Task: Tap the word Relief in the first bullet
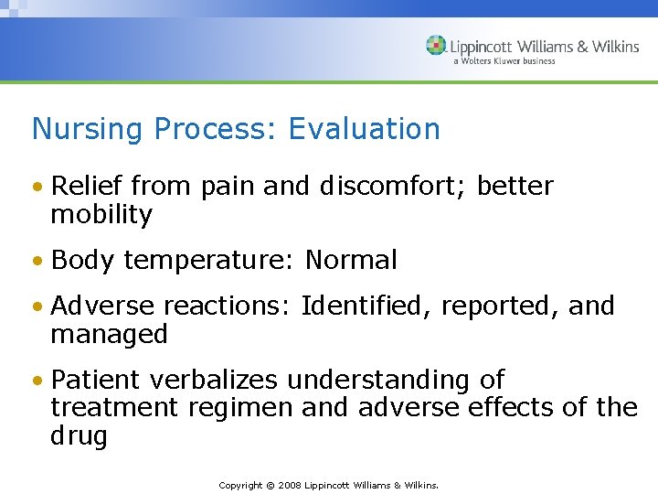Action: point(88,187)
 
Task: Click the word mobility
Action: point(101,215)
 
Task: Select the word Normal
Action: point(351,261)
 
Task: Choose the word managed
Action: point(109,334)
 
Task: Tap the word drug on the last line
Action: point(79,436)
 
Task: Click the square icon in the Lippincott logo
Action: point(436,46)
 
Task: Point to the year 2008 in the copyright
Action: point(286,485)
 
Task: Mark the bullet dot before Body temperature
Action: point(38,262)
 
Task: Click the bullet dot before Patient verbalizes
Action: point(38,381)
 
